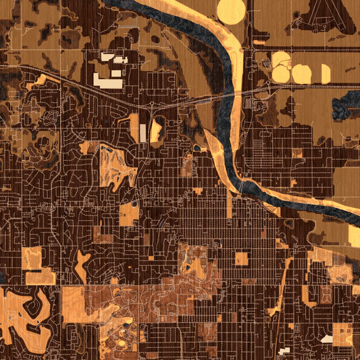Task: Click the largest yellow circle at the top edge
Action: coord(231,11)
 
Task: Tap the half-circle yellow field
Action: coord(325,74)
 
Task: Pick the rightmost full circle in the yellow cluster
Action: coord(301,74)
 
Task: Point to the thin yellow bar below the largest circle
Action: coord(259,43)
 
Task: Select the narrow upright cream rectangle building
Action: coord(143,133)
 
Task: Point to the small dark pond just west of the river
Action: coord(197,147)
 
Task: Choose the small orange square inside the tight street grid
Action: coord(241,259)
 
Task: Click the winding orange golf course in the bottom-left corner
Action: coord(27,312)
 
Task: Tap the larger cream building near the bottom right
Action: coord(327,339)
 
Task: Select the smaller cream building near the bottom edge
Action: coord(284,350)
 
